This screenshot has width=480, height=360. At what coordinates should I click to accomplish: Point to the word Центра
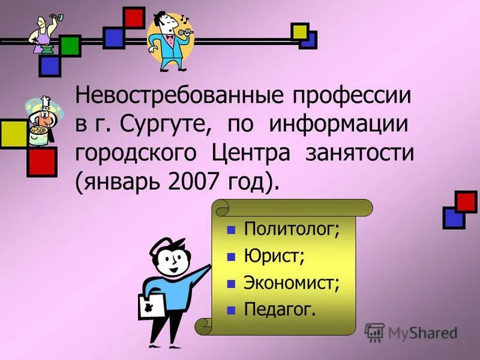(251, 153)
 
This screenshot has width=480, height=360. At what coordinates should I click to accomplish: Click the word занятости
(360, 153)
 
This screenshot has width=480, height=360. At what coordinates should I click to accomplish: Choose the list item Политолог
(292, 229)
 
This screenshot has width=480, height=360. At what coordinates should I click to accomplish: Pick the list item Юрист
(274, 256)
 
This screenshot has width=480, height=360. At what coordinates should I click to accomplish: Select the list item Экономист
(292, 283)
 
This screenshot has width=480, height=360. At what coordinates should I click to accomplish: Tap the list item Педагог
(279, 310)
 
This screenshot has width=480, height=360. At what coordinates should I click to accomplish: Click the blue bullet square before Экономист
(230, 284)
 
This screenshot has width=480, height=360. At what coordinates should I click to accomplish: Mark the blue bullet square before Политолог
(230, 230)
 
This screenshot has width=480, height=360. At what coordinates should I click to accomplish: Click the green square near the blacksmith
(70, 46)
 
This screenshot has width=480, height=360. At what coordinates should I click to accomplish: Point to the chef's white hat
(44, 101)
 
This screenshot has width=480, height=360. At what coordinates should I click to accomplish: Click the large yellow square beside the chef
(13, 134)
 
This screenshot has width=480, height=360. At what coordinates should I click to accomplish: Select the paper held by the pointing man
(150, 307)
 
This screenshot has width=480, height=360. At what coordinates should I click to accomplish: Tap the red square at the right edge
(466, 202)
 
